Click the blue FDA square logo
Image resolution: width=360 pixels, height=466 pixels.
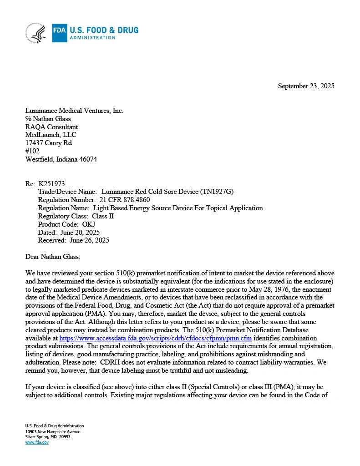[60, 33]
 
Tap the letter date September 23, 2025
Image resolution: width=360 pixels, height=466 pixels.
[306, 86]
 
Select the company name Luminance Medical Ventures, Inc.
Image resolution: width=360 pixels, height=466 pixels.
[74, 111]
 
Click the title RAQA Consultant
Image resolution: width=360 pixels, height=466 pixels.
[51, 127]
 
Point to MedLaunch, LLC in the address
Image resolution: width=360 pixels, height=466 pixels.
[51, 135]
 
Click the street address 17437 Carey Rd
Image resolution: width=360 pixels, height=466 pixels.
[48, 143]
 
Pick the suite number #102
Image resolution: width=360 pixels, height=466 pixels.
[32, 151]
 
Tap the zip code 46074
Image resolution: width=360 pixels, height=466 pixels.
[87, 159]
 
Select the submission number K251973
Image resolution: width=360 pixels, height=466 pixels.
[51, 184]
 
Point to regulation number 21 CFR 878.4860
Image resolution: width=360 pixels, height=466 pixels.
[124, 200]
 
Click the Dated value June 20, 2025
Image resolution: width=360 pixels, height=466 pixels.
[80, 233]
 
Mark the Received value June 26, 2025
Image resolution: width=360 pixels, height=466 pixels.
[89, 240]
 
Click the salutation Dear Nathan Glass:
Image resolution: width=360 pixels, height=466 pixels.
[53, 257]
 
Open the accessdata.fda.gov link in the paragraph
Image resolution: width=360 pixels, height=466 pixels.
[155, 339]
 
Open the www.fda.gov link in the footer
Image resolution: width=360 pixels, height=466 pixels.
[37, 442]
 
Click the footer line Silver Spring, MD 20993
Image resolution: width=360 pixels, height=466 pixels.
[48, 437]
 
